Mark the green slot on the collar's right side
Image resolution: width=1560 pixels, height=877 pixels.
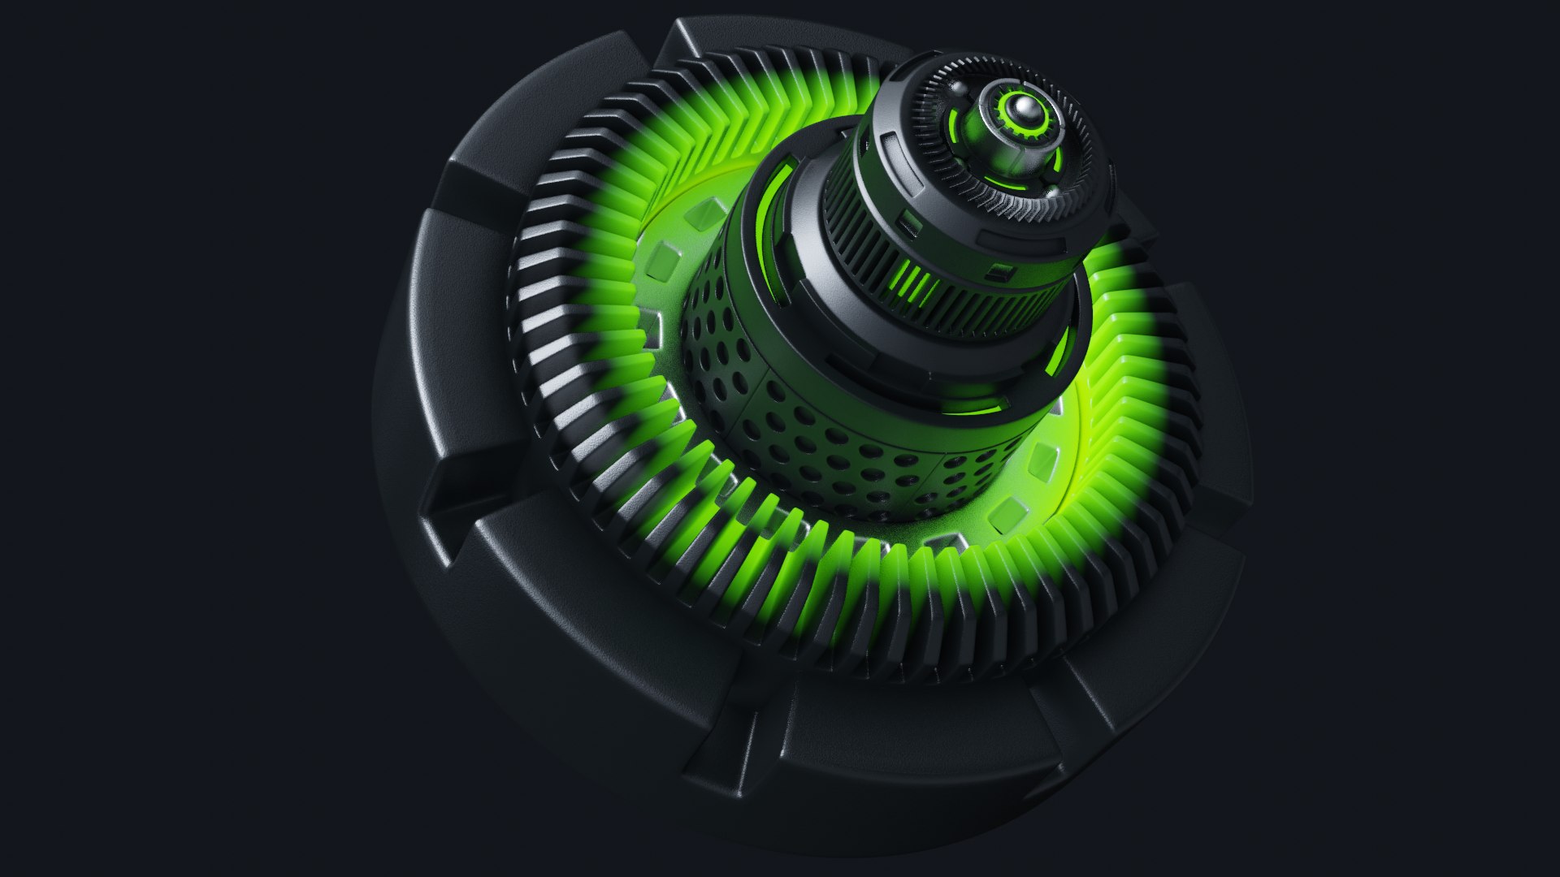[1059, 349]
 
